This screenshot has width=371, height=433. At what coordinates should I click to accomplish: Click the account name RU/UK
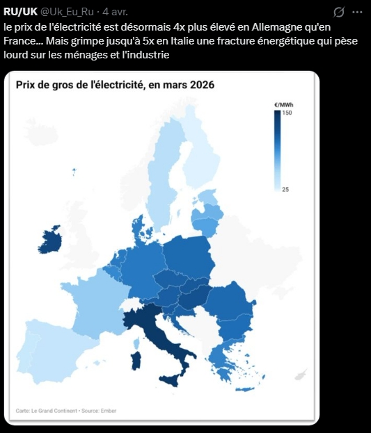click(x=20, y=12)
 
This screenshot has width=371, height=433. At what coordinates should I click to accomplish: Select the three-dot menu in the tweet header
click(x=357, y=12)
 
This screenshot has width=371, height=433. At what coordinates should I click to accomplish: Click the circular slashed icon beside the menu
click(x=339, y=12)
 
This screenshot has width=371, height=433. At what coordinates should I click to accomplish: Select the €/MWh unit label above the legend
click(x=281, y=104)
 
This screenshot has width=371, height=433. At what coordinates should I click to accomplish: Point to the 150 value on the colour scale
click(x=287, y=113)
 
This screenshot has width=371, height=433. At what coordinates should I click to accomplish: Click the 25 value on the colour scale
click(x=285, y=188)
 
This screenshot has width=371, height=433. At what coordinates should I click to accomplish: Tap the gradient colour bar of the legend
click(x=277, y=150)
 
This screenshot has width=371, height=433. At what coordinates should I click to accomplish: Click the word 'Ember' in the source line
click(x=109, y=411)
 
